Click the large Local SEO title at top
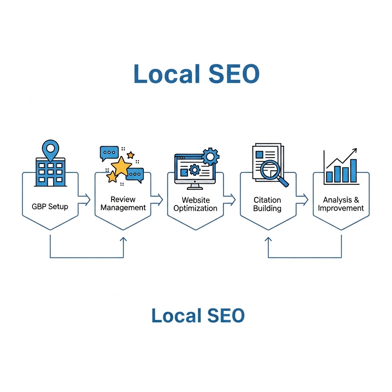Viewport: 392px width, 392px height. coord(196,74)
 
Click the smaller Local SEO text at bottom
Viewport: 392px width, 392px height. coord(198,316)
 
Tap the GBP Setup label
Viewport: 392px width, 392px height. coord(50,207)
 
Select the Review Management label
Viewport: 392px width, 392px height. coord(123,204)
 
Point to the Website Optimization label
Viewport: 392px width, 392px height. coord(195,204)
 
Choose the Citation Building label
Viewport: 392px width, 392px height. coord(267,204)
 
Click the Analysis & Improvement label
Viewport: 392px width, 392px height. coord(341,204)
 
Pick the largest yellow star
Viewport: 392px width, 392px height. coord(121,166)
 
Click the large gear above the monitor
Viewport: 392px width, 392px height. coord(210,156)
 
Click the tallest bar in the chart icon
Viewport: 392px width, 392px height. coord(353,171)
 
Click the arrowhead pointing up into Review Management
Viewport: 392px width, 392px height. coord(123,239)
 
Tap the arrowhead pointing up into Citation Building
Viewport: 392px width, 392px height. coord(268,239)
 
